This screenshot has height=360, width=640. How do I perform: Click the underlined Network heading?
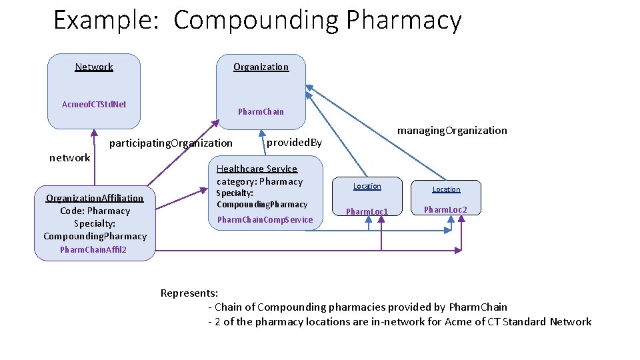(94, 67)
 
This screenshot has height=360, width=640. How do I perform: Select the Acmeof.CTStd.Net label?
(94, 104)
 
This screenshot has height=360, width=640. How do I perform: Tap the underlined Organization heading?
(261, 67)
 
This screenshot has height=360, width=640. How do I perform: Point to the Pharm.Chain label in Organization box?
(261, 111)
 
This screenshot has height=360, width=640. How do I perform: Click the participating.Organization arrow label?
(171, 143)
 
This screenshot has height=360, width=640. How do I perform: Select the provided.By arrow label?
(294, 142)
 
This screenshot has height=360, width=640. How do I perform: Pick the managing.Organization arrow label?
(452, 130)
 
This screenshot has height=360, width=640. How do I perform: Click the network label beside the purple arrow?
(70, 158)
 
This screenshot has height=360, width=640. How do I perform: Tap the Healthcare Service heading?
(257, 169)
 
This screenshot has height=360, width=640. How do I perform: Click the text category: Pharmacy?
(259, 181)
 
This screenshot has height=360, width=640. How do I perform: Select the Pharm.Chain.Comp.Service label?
(265, 219)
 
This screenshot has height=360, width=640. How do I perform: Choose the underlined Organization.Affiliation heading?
(95, 198)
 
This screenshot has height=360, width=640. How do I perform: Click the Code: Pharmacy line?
(95, 211)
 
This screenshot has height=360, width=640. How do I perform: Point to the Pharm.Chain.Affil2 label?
(93, 250)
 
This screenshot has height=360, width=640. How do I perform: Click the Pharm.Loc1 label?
(367, 211)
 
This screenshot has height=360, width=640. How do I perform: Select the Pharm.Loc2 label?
(445, 209)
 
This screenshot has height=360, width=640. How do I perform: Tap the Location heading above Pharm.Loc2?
(446, 189)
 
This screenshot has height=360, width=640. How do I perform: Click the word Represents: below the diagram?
(189, 293)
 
